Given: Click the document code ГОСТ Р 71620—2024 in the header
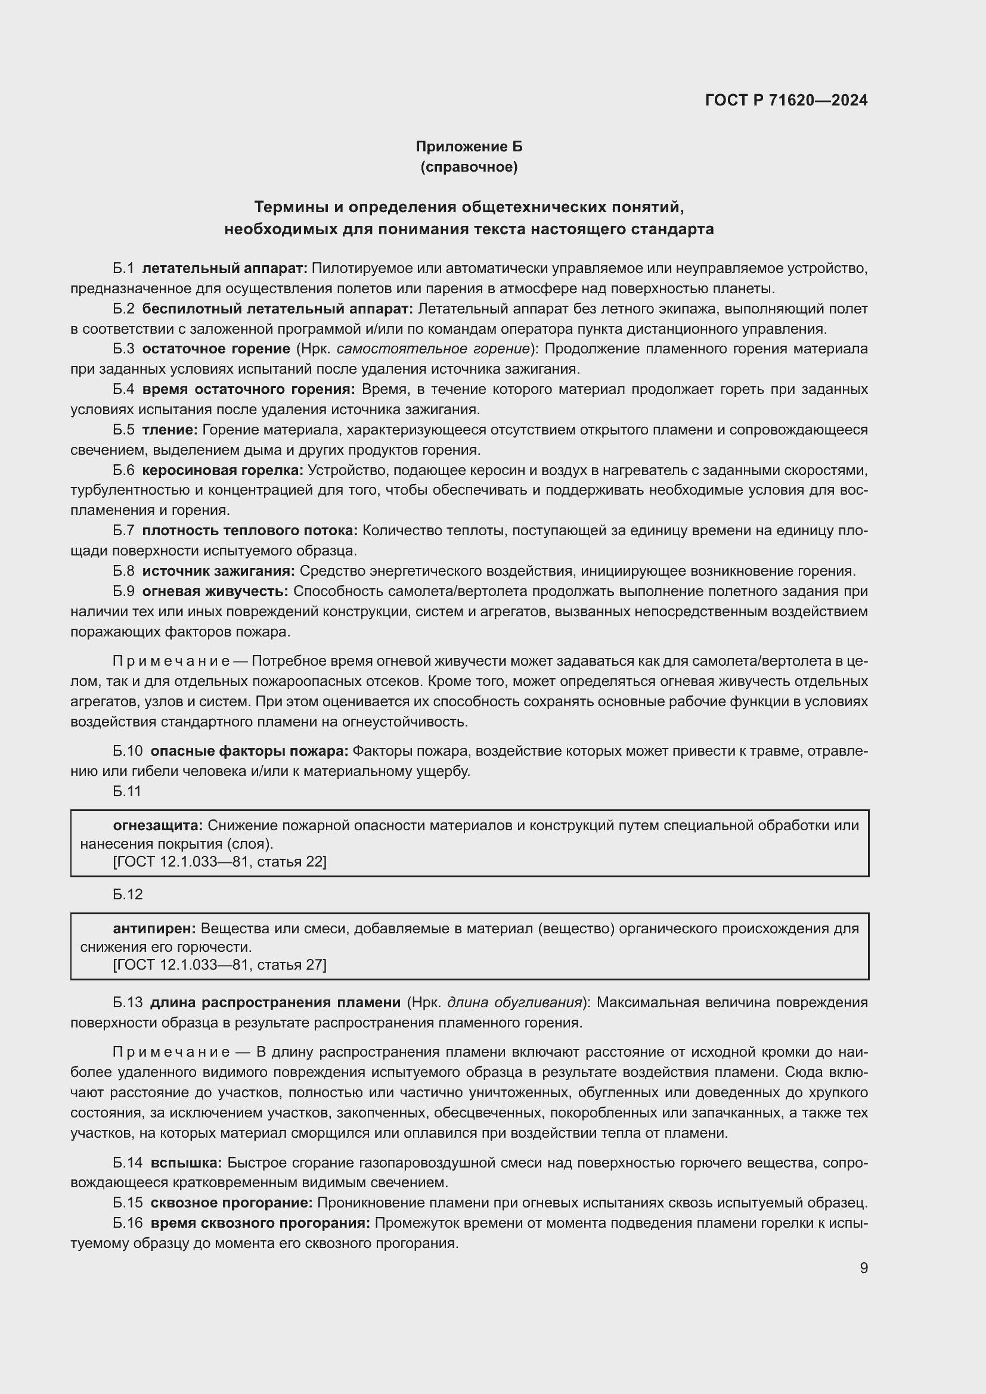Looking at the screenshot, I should [x=786, y=100].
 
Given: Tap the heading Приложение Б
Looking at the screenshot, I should [x=469, y=147].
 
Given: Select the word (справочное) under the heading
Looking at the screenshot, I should [x=469, y=167].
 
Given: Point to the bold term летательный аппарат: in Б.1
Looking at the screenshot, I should [x=225, y=268].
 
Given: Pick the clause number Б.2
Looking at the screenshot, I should [x=123, y=309].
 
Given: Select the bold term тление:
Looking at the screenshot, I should [x=170, y=430].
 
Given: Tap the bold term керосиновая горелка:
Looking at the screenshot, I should [x=223, y=470].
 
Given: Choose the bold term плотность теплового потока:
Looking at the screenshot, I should [x=250, y=530].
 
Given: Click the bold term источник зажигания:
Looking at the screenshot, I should [x=219, y=571].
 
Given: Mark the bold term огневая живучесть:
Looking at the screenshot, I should [x=216, y=591].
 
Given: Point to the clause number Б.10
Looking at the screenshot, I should [x=128, y=751].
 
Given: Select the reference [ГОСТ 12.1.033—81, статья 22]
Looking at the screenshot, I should [x=220, y=862].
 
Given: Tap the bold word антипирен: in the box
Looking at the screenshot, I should [x=154, y=929].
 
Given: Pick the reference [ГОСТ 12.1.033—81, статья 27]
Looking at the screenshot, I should [x=220, y=965].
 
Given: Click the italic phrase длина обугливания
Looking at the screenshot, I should [x=514, y=1002].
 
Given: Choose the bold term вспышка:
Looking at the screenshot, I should [x=187, y=1163].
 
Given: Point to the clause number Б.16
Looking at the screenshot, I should [x=128, y=1223].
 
